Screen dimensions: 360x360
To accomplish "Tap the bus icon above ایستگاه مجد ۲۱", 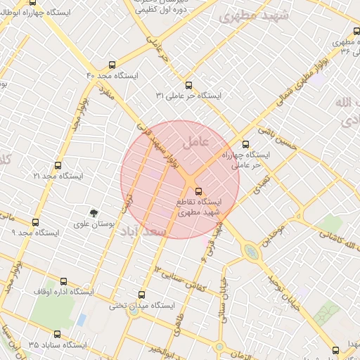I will pos(58,166).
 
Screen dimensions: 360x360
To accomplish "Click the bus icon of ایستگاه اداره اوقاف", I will pos(63,281).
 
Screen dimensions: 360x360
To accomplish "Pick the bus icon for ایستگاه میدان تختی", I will pos(142,295).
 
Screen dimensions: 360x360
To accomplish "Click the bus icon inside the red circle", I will pos(198,191).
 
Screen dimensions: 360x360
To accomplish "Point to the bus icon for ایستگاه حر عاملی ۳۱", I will pos(188,85).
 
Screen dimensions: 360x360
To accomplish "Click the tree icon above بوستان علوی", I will pos(94,212).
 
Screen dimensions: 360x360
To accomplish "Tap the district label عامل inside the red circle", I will pos(195,141).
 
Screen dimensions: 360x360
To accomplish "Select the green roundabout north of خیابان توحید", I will pos(250,250).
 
